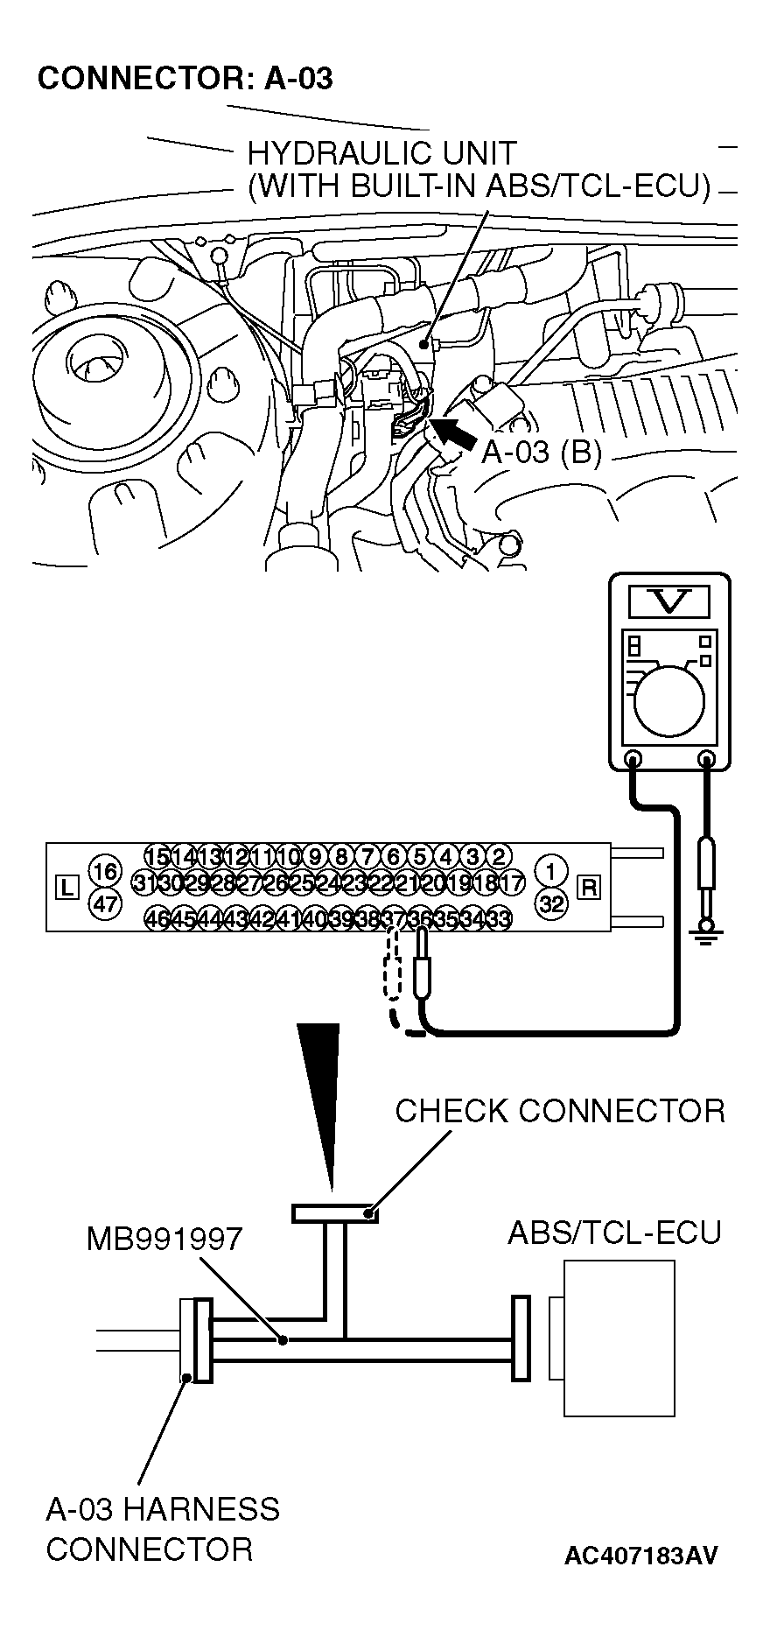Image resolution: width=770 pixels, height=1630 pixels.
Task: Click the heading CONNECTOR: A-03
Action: pyautogui.click(x=185, y=79)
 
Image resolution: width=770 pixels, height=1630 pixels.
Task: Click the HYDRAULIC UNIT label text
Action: pyautogui.click(x=381, y=154)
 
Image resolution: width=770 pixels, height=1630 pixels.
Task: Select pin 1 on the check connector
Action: pyautogui.click(x=551, y=871)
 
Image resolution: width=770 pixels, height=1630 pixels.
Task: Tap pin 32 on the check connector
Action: pyautogui.click(x=551, y=904)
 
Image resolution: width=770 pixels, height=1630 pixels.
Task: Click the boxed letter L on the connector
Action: pyautogui.click(x=66, y=888)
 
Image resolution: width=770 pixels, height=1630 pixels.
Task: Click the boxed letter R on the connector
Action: pyautogui.click(x=590, y=888)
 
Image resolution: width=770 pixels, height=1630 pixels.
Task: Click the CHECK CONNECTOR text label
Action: pyautogui.click(x=560, y=1111)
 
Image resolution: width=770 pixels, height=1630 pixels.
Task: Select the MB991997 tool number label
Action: pyautogui.click(x=164, y=1239)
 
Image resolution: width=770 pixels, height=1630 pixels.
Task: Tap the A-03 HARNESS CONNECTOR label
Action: pyautogui.click(x=163, y=1529)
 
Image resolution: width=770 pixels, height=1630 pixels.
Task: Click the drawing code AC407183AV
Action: pyautogui.click(x=641, y=1555)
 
